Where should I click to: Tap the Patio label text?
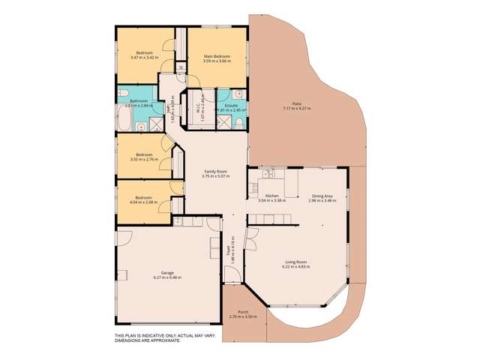[296, 104]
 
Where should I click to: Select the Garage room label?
[168, 273]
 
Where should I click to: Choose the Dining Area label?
[323, 196]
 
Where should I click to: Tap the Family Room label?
[216, 172]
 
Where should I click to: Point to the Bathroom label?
[139, 100]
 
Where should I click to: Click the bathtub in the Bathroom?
[127, 120]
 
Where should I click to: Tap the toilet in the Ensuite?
[237, 94]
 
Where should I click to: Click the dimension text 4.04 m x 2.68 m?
[142, 202]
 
